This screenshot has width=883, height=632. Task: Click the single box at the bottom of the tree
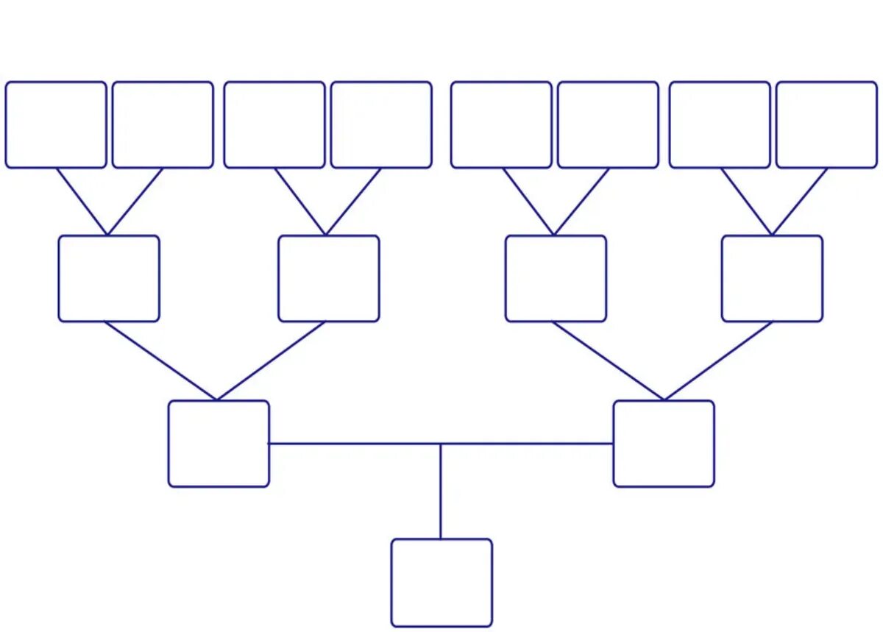click(x=441, y=583)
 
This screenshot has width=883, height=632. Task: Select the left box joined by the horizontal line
click(x=219, y=444)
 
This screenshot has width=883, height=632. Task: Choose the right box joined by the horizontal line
click(x=664, y=444)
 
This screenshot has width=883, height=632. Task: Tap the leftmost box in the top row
click(x=56, y=124)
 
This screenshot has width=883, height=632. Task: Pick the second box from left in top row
click(x=163, y=124)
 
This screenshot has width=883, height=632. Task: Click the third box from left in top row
click(x=274, y=124)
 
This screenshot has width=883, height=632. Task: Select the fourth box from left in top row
click(x=381, y=124)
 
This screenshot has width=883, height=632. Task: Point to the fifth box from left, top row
click(x=501, y=124)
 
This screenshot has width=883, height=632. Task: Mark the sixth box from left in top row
click(x=608, y=124)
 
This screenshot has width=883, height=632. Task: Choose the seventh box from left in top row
click(x=720, y=124)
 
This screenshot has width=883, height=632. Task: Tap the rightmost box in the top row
click(x=826, y=124)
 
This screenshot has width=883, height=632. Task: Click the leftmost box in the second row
click(x=109, y=278)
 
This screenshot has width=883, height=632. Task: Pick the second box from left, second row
click(x=329, y=278)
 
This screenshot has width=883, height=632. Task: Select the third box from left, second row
click(x=556, y=278)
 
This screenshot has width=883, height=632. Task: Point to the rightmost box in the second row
click(x=772, y=278)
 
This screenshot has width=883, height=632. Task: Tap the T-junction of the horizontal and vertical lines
click(x=441, y=444)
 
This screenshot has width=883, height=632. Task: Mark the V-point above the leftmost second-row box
click(x=108, y=234)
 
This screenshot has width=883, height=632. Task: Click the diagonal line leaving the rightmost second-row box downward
click(x=718, y=361)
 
